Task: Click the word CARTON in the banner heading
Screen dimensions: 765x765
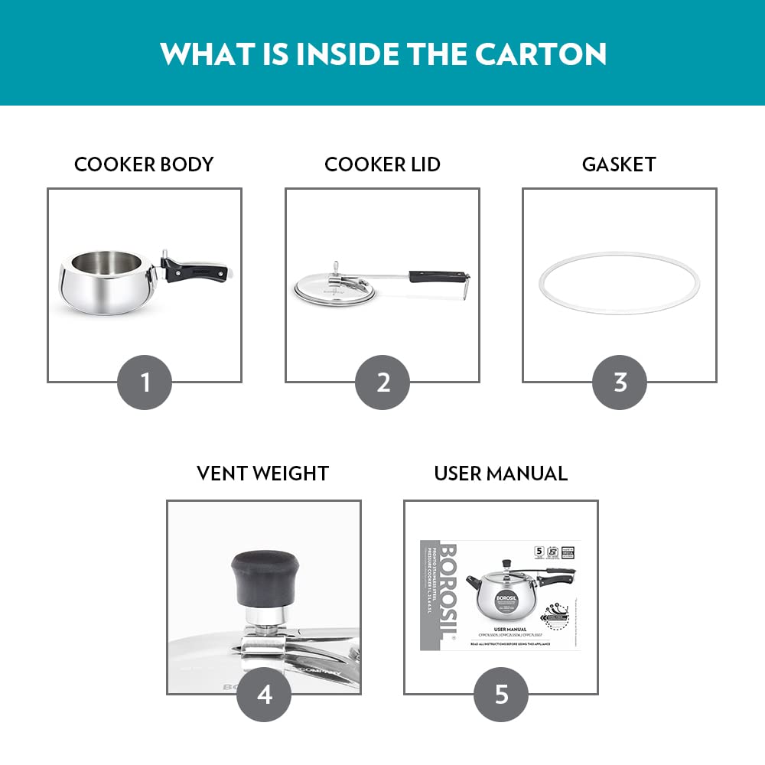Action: (541, 54)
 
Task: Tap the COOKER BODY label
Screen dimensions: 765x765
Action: (144, 164)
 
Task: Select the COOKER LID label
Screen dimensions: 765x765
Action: (382, 164)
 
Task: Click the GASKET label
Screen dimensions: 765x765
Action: (619, 164)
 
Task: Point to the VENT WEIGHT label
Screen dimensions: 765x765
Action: (262, 474)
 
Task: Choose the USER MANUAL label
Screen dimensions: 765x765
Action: (500, 474)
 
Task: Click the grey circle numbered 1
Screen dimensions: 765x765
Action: (145, 382)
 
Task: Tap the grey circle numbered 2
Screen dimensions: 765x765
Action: (382, 382)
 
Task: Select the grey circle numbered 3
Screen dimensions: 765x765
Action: (620, 382)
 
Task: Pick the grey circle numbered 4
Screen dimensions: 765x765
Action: (264, 694)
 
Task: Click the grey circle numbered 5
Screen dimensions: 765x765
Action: (501, 694)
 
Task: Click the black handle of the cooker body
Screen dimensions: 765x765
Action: (200, 270)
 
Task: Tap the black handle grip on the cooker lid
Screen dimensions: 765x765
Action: (438, 275)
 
